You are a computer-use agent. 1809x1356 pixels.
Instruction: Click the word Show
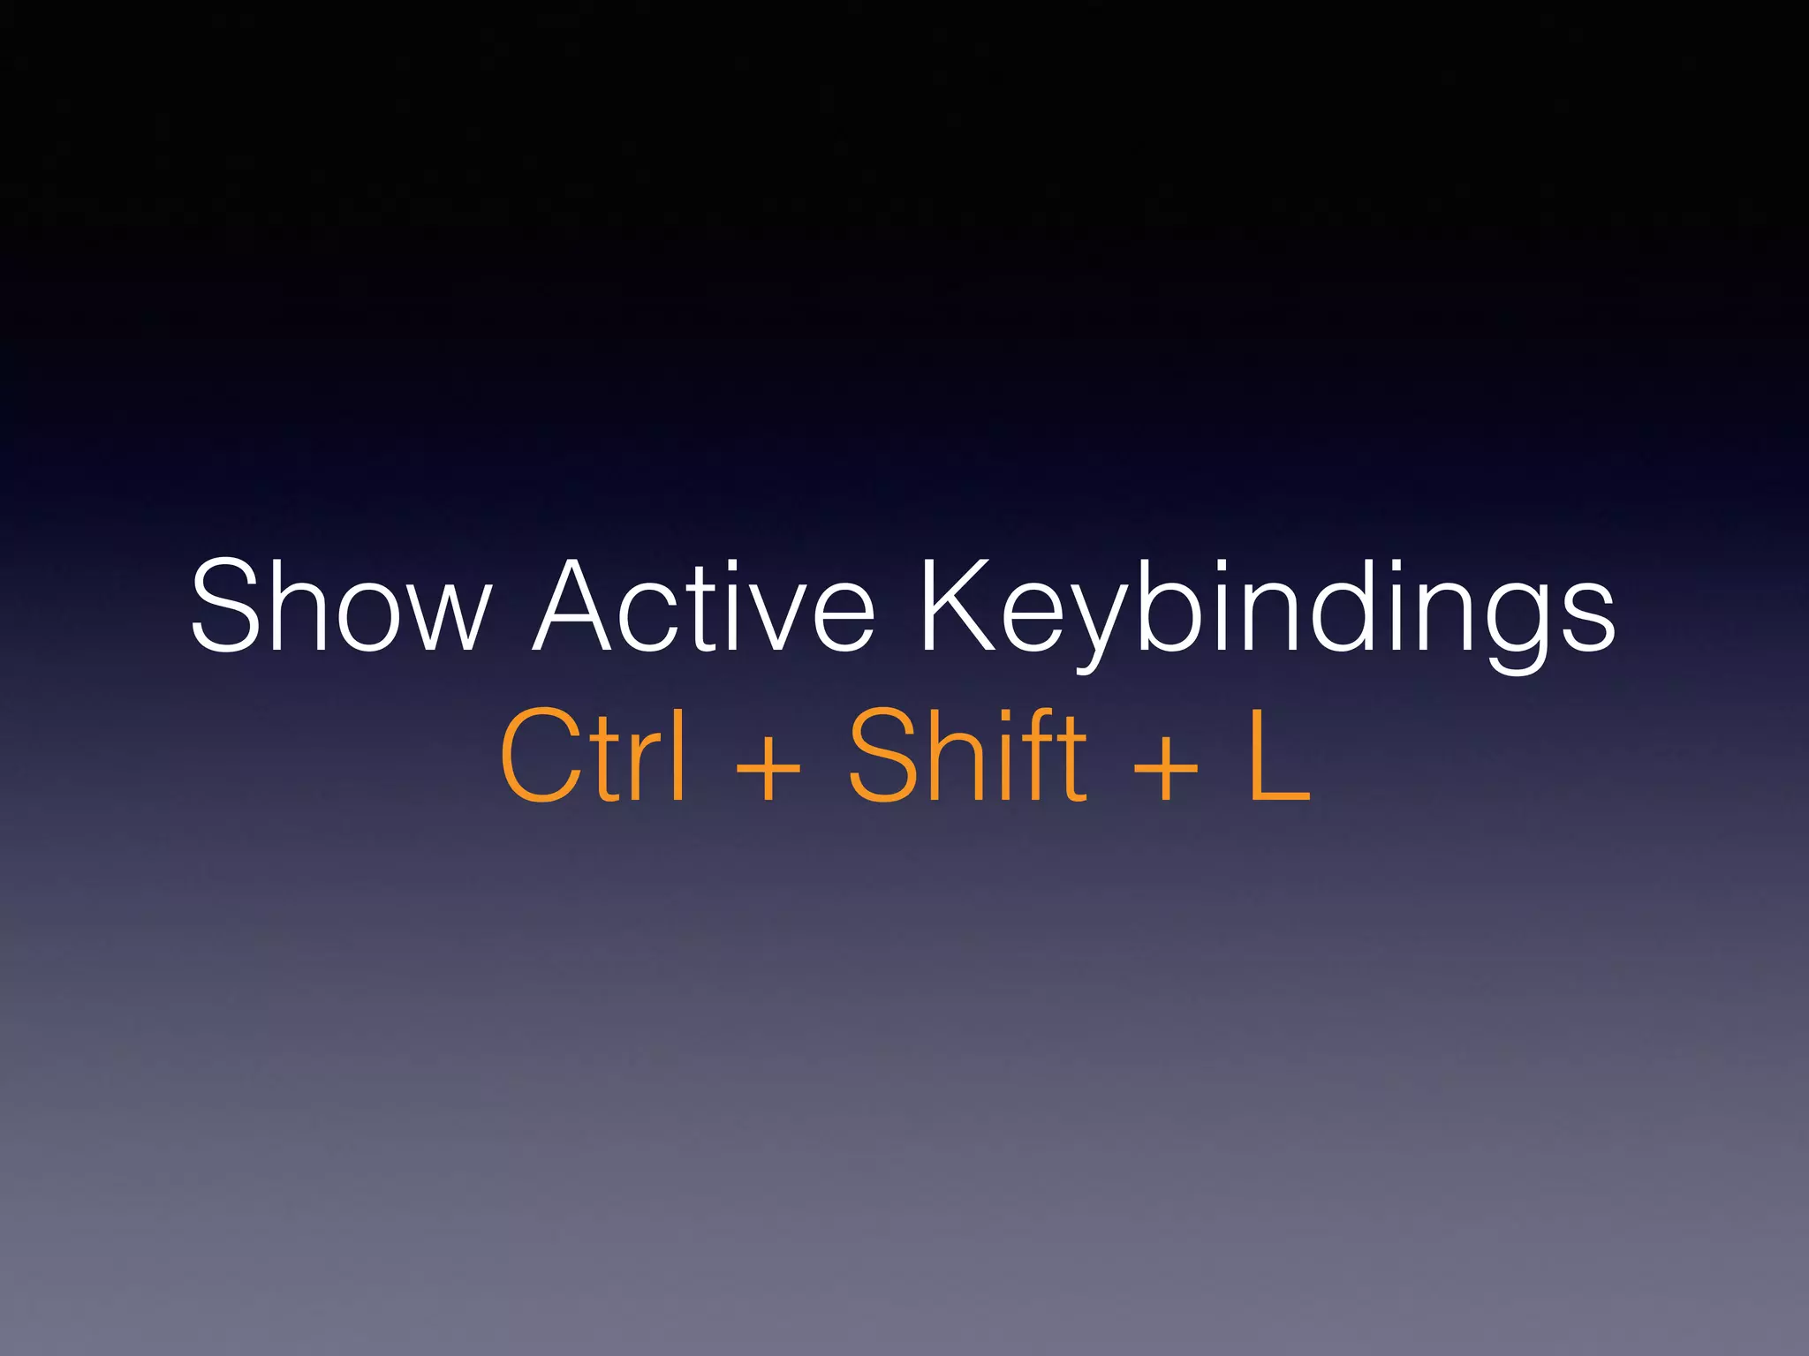point(340,606)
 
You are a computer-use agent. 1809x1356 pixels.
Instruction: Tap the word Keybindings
point(1268,609)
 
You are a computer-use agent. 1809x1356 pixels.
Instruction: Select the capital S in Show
point(230,606)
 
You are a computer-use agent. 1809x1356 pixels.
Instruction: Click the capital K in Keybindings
point(958,606)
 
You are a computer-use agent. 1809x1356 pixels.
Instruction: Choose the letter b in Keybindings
point(1170,606)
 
